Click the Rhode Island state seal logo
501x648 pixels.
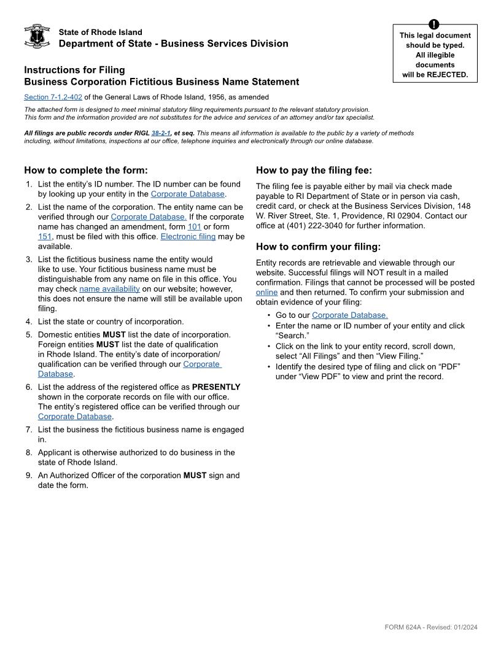point(37,37)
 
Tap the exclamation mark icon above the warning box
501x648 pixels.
point(434,25)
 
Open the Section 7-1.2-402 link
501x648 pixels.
point(53,97)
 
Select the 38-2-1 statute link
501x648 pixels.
point(161,133)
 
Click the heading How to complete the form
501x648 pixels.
point(86,170)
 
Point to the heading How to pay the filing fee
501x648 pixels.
point(314,170)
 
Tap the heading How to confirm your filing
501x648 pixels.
point(318,247)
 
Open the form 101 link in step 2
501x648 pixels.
point(195,226)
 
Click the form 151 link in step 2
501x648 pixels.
point(45,236)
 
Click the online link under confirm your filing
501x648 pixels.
point(266,292)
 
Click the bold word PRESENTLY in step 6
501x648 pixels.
point(216,387)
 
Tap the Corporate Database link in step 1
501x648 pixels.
point(187,194)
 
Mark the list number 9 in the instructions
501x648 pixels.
point(29,475)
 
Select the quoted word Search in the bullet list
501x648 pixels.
point(292,336)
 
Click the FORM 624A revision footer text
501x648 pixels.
point(430,627)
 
